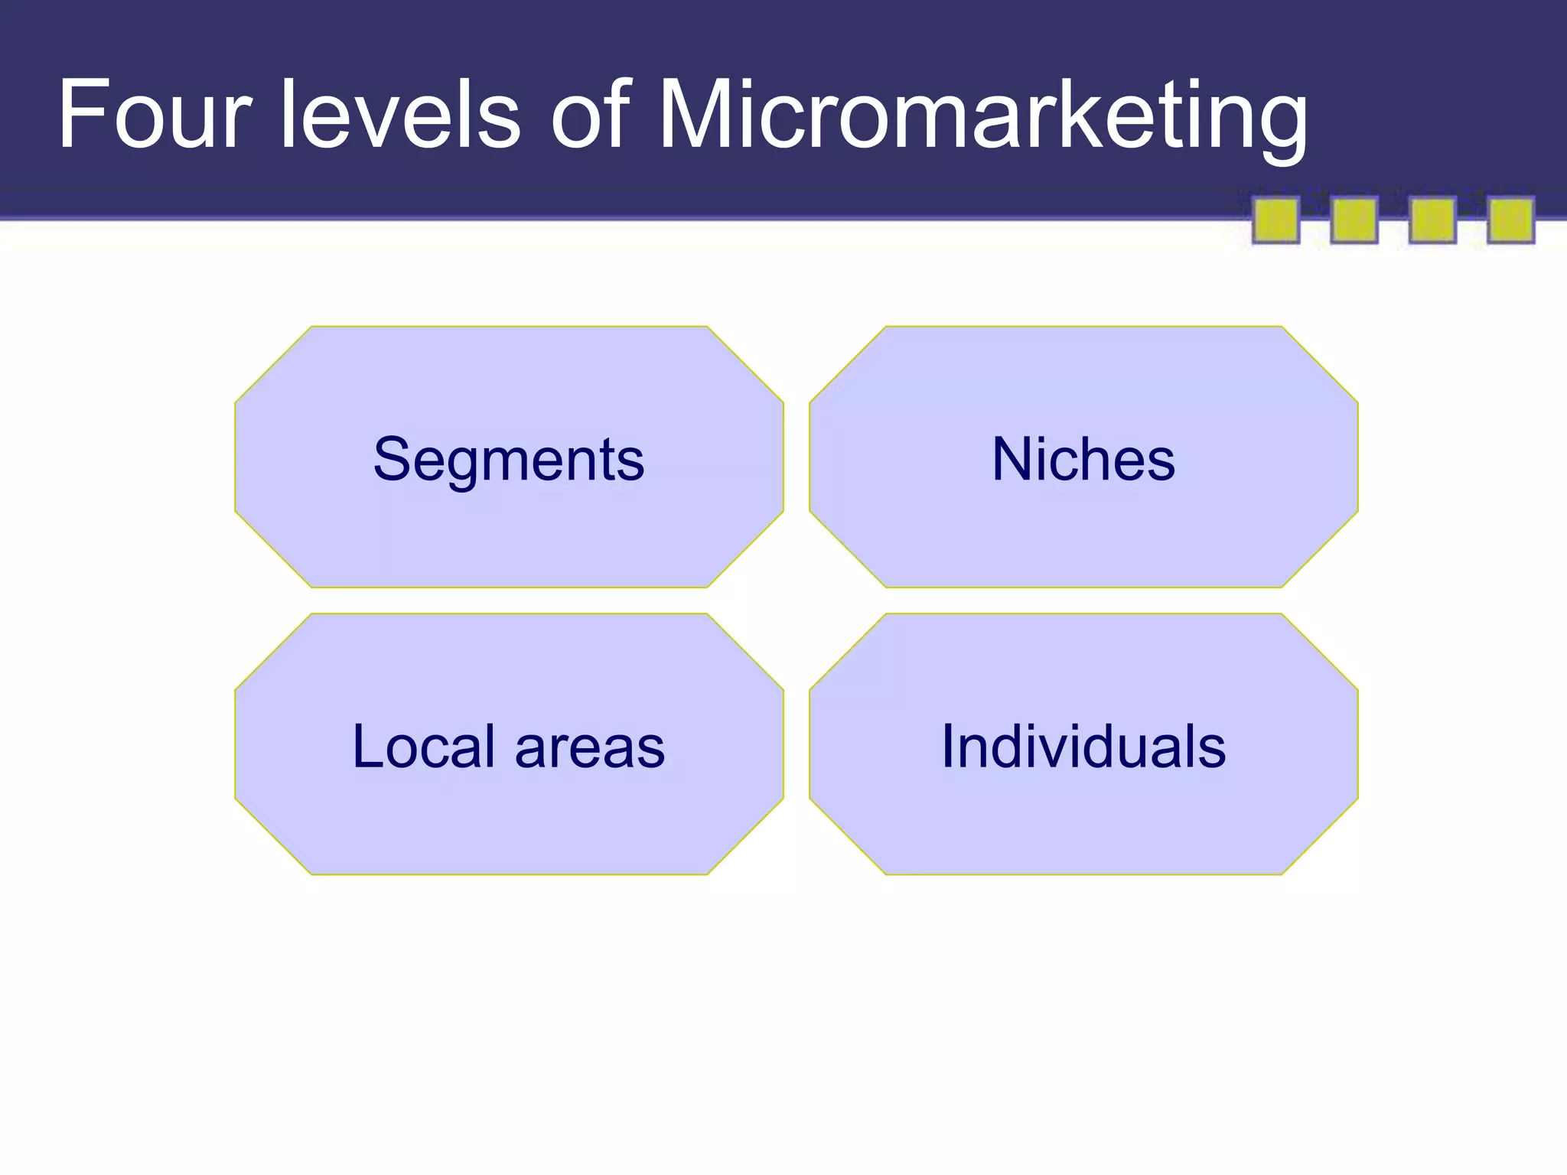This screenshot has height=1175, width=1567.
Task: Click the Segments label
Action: click(509, 459)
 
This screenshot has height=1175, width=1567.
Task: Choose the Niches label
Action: click(1083, 459)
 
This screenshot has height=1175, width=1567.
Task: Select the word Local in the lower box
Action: click(423, 746)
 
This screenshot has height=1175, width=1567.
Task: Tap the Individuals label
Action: click(1083, 746)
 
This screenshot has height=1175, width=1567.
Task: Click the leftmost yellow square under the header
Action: click(1275, 220)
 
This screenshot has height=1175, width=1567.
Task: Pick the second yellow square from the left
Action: click(1354, 220)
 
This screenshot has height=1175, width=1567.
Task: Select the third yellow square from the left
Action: click(1432, 220)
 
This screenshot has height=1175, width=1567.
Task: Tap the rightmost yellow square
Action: click(1510, 220)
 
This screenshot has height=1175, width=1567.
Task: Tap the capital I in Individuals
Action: click(949, 746)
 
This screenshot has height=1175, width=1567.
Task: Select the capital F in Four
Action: click(81, 115)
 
